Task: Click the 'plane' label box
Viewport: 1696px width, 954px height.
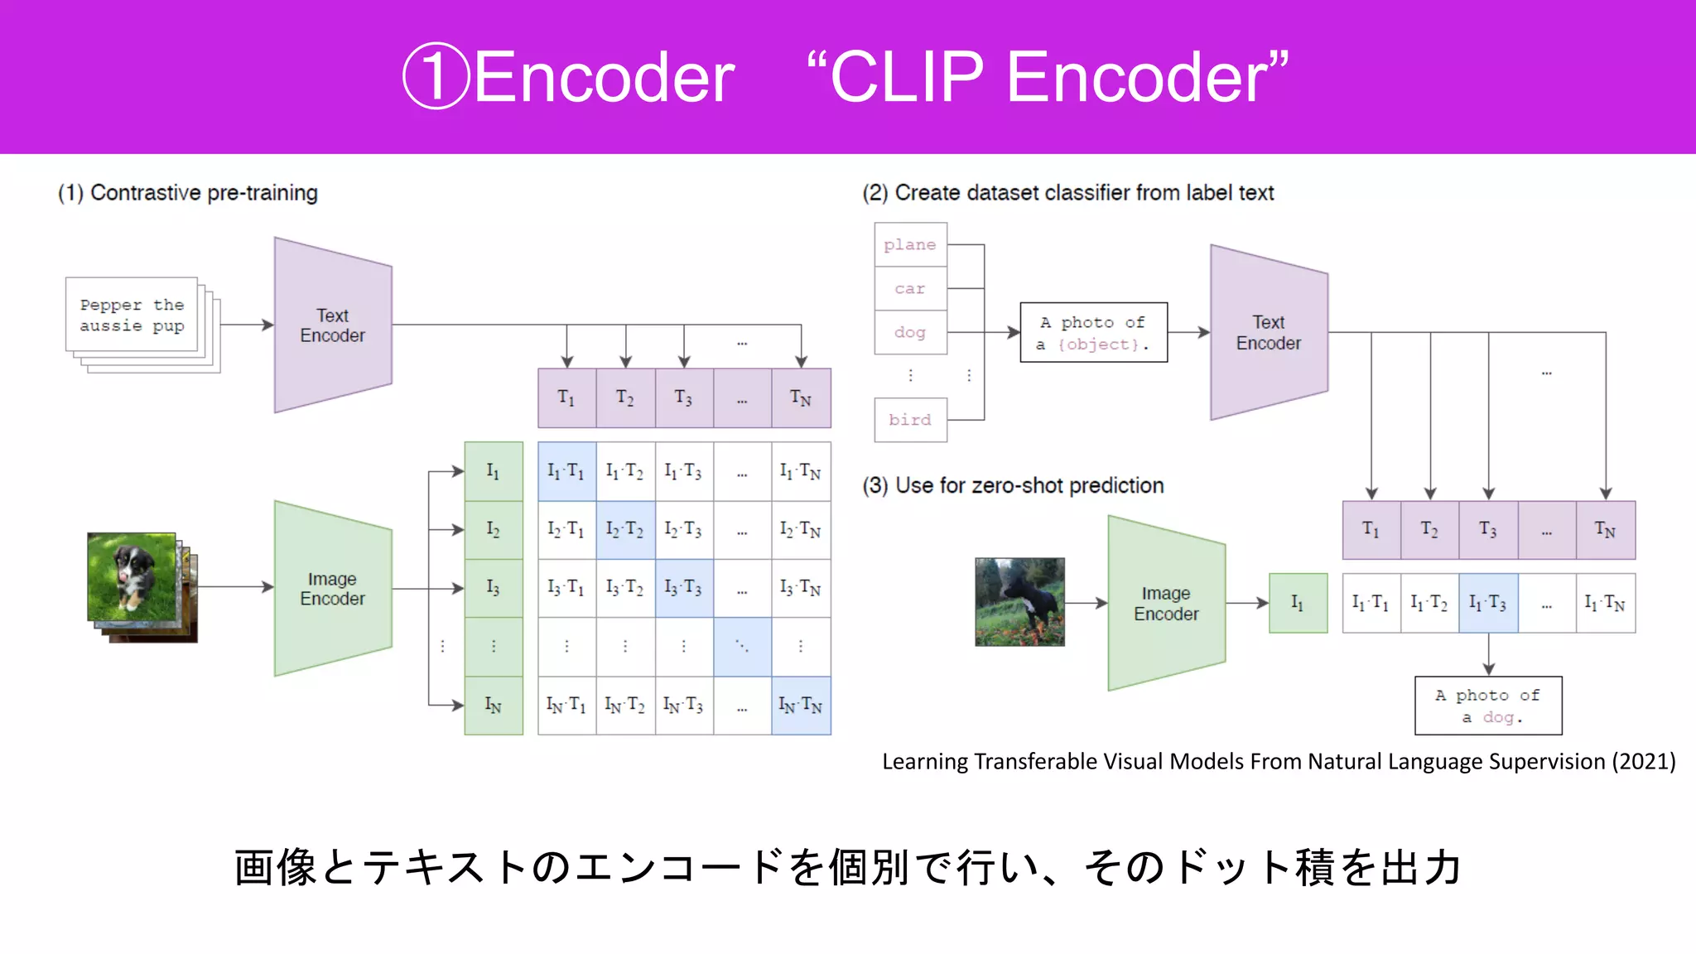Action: point(910,244)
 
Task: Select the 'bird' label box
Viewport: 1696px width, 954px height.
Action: point(910,420)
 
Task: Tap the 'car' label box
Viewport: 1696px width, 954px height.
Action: point(910,288)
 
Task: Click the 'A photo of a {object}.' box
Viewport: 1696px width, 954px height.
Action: point(1093,333)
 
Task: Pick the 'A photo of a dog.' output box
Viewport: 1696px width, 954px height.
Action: point(1488,706)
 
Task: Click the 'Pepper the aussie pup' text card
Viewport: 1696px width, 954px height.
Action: point(132,315)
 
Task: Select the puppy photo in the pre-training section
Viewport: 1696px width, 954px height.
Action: point(132,577)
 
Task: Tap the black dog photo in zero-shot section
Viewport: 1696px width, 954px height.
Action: point(1019,602)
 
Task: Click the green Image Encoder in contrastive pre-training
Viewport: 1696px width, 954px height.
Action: point(332,588)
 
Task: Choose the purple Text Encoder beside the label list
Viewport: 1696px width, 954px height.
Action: point(1268,332)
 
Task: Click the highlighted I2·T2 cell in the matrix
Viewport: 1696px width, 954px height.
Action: point(625,530)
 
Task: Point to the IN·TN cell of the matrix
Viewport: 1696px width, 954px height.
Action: point(801,706)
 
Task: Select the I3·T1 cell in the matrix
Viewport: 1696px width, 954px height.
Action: point(566,588)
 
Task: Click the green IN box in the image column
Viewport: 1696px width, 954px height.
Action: point(494,706)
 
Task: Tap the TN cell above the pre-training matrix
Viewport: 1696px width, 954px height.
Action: point(801,398)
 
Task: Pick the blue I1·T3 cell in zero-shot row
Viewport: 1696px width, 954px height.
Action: point(1488,603)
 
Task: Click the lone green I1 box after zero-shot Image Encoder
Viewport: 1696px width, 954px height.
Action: point(1298,603)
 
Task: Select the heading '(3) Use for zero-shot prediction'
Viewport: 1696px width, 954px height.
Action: point(1013,485)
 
